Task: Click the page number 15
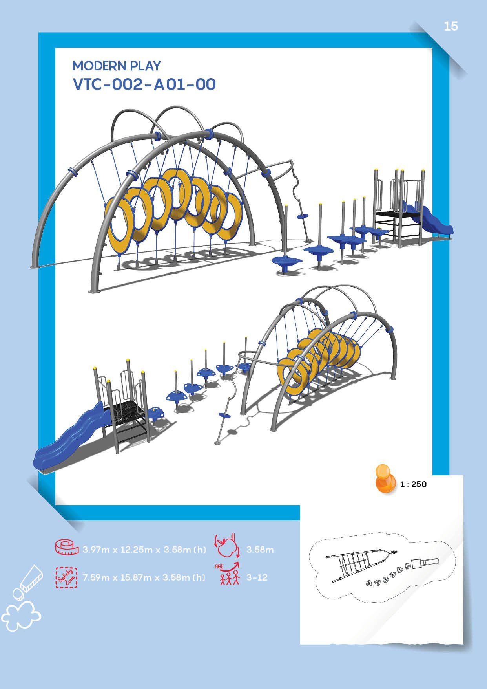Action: point(451,26)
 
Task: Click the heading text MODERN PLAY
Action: point(117,66)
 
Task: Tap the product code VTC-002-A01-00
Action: point(144,84)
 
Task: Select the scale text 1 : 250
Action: point(413,484)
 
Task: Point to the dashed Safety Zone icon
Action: point(66,577)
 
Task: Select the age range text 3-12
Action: point(257,577)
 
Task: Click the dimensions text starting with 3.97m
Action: point(144,550)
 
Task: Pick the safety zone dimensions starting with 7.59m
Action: point(144,577)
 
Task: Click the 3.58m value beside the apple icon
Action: point(260,550)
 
